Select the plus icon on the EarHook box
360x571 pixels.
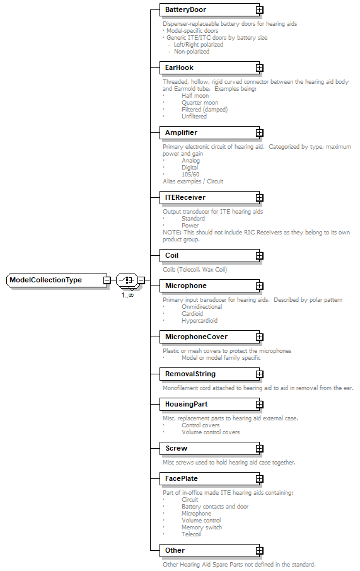[x=259, y=68]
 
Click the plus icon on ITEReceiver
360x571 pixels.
[x=259, y=198]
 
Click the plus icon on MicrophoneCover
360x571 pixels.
[x=259, y=338]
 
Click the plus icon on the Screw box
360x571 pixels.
[x=259, y=449]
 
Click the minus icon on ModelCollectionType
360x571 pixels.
[x=107, y=280]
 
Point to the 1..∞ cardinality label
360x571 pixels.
[x=127, y=295]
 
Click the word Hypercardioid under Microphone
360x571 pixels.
[x=199, y=320]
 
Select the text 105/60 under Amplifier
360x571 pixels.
[x=190, y=175]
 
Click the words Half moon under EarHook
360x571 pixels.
[x=195, y=96]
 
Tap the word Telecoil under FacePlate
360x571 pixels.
[x=192, y=534]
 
